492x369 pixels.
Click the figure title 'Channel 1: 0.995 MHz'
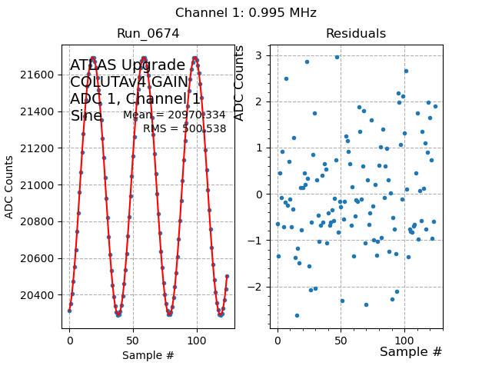(245, 13)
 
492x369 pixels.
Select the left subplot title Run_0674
(148, 34)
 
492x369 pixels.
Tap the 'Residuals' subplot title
(355, 34)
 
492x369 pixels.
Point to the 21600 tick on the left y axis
(39, 75)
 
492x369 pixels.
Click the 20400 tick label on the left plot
(39, 295)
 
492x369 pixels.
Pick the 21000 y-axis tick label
(39, 185)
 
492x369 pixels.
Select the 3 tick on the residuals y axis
(260, 55)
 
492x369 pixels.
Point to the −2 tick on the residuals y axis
(257, 287)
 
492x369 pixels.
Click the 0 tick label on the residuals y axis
(260, 194)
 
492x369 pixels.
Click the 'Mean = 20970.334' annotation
(175, 115)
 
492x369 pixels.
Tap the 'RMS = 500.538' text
(184, 129)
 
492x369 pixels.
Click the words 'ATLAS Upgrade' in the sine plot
(128, 65)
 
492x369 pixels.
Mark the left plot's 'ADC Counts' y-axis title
(9, 186)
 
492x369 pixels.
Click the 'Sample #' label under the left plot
(148, 355)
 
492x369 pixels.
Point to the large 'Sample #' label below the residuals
(411, 351)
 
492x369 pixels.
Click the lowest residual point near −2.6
(297, 315)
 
